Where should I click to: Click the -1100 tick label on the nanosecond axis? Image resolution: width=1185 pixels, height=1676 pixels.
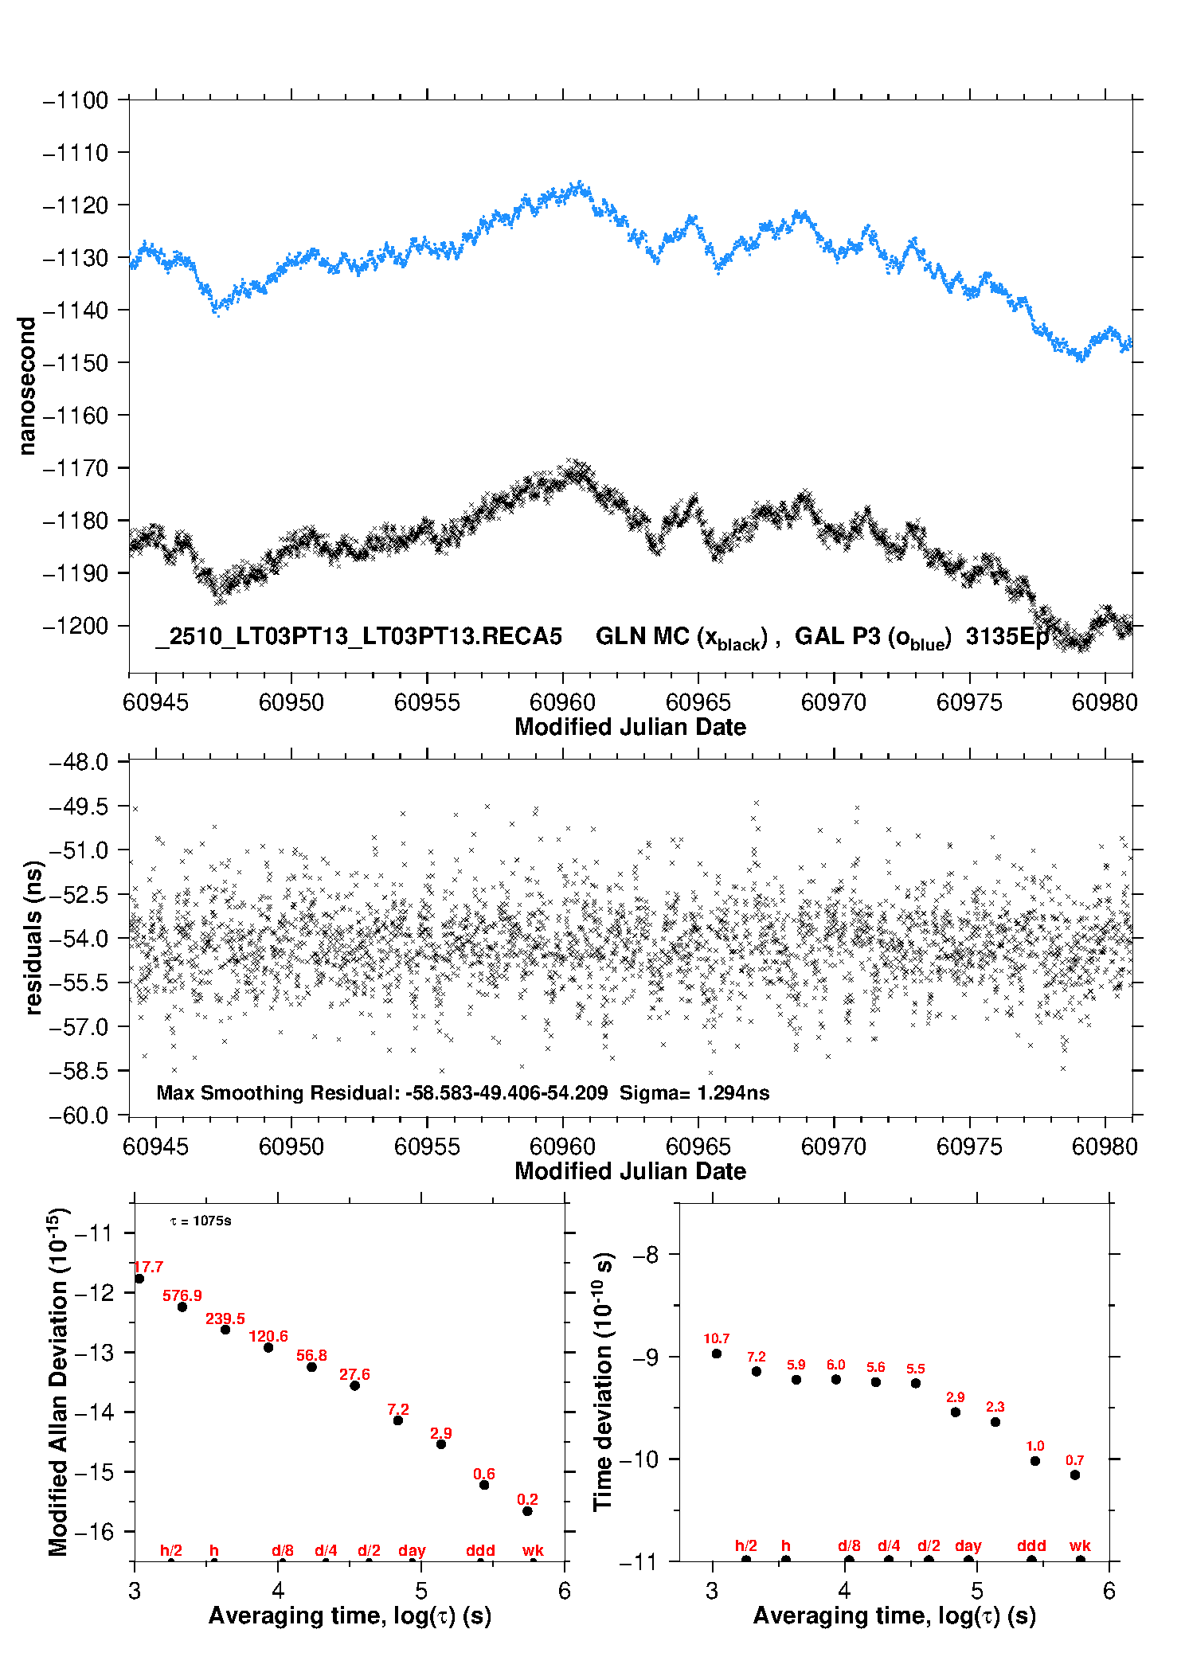[76, 100]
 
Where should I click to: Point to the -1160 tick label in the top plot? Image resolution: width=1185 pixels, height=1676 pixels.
[76, 416]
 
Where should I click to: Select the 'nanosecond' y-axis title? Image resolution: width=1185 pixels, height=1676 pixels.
[27, 386]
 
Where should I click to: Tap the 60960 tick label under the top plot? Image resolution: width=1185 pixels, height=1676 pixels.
[562, 702]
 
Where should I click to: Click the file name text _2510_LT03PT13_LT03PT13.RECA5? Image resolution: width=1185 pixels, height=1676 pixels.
[359, 636]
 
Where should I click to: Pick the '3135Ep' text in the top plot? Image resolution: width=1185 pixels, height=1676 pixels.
[1007, 636]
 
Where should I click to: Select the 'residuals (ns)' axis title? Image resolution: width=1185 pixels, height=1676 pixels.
[33, 937]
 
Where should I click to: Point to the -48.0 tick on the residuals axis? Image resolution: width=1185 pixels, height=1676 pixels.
[79, 763]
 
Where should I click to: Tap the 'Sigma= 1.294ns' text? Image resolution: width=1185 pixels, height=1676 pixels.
[694, 1092]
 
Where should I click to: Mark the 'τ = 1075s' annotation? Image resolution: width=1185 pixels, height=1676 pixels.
[201, 1221]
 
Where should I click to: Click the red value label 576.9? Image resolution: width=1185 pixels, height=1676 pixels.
[182, 1295]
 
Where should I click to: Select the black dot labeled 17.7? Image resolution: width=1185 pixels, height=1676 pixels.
[139, 1279]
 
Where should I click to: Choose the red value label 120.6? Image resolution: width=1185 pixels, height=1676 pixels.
[268, 1336]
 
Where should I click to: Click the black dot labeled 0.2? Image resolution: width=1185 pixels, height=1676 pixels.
[527, 1511]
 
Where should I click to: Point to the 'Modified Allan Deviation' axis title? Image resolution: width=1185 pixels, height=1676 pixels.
[59, 1381]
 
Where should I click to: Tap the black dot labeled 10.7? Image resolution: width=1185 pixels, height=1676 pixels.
[717, 1354]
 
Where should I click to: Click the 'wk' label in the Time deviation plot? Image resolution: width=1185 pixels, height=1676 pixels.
[1080, 1545]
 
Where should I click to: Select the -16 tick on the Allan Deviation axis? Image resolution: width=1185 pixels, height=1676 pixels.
[94, 1532]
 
